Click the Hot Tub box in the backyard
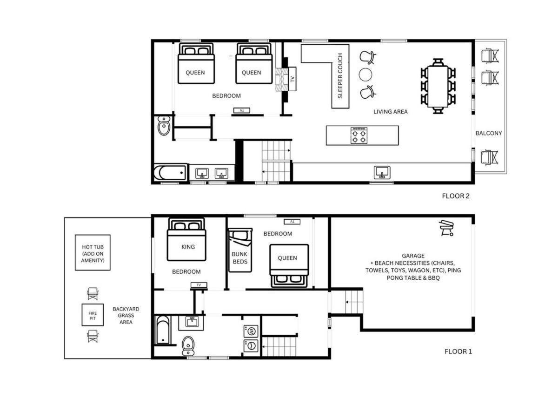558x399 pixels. click(x=93, y=252)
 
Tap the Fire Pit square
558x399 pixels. click(x=93, y=315)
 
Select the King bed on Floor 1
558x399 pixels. click(x=186, y=240)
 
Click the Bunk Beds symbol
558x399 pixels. click(x=240, y=250)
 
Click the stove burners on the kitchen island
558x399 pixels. click(x=359, y=135)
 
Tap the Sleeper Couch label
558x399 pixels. click(x=340, y=76)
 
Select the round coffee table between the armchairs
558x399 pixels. click(x=365, y=74)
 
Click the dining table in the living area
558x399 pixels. click(x=438, y=86)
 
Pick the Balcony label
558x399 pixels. click(x=489, y=133)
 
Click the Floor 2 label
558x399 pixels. click(x=456, y=196)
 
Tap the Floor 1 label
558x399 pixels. click(x=458, y=352)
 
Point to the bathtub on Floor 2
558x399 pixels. click(x=170, y=172)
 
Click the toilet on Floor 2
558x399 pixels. click(x=164, y=126)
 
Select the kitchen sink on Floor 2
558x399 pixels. click(x=382, y=173)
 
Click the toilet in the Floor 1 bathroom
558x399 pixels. click(x=188, y=346)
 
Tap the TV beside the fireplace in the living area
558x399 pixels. click(x=292, y=79)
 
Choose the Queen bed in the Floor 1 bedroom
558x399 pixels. click(x=289, y=266)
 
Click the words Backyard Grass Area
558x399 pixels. click(x=126, y=316)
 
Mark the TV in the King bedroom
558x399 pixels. click(x=199, y=285)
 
